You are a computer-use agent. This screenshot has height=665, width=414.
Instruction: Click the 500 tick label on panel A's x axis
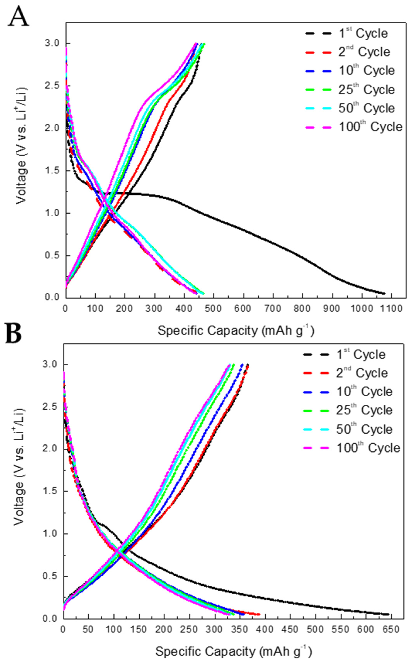point(214,308)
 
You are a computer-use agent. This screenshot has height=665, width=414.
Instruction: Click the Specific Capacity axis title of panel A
point(235,331)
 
